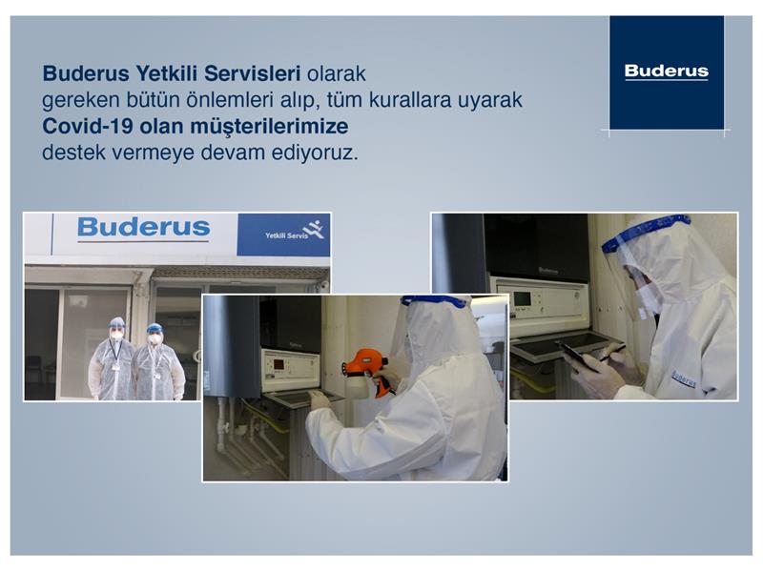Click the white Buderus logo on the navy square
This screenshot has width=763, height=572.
coord(666,71)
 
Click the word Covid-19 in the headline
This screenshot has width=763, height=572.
coord(88,127)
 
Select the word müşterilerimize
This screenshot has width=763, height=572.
coord(269,127)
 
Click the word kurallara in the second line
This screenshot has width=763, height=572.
coord(410,100)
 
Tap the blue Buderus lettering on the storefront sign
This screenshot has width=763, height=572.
coord(144,227)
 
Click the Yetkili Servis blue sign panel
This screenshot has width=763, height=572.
coord(283,235)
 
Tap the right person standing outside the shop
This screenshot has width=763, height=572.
coord(156,362)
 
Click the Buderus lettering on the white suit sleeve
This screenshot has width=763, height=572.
coord(684,378)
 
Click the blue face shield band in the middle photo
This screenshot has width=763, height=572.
coord(434,301)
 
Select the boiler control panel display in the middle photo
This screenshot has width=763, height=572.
coord(278,364)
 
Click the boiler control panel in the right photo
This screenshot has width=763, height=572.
coord(540,302)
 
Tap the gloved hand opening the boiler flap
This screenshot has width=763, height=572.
coord(320,399)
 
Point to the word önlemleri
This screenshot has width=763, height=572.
coord(228,100)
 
